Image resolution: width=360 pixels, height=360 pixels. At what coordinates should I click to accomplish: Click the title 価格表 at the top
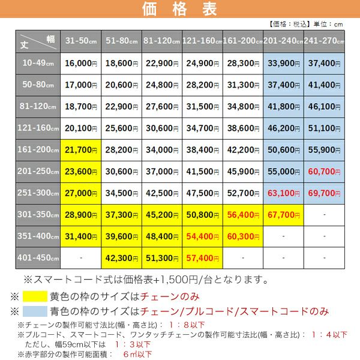180,10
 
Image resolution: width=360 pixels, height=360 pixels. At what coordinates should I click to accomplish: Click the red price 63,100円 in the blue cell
283,193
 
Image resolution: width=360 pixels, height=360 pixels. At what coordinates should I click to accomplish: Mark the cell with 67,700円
283,214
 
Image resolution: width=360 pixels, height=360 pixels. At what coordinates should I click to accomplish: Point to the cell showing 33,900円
283,63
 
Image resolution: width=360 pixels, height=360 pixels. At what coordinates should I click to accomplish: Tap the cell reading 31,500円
202,106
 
